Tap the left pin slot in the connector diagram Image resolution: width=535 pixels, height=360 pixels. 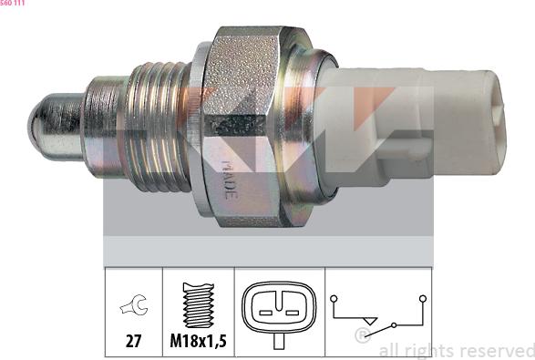(266, 314)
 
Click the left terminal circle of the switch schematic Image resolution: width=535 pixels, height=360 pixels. (334, 297)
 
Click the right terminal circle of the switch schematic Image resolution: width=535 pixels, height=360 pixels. (422, 297)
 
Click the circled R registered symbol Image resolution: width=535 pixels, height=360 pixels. (363, 337)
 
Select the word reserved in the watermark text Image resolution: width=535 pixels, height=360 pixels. (497, 350)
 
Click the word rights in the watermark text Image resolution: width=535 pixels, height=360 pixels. (428, 350)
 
